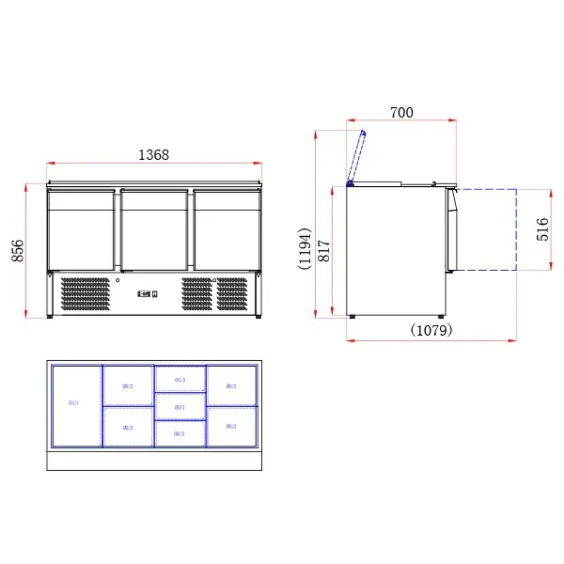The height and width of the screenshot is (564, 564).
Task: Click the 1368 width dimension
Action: point(154,155)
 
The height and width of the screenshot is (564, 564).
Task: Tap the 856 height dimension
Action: point(17,250)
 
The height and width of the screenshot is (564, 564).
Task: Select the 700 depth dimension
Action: point(402,113)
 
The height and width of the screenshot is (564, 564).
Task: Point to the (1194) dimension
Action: point(305,248)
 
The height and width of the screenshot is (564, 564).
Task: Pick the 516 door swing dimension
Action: point(542,229)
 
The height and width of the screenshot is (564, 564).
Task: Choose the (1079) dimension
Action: point(431,331)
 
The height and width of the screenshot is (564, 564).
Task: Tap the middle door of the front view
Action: point(154,231)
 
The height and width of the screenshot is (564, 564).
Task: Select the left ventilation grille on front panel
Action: point(85,294)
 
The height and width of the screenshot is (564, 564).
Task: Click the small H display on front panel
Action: point(155,294)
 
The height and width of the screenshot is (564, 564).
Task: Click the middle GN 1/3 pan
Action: point(180,407)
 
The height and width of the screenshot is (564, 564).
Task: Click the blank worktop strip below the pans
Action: point(154,461)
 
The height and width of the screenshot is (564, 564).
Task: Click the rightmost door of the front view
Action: point(227,231)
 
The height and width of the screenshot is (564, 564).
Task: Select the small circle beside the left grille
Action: point(117,280)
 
